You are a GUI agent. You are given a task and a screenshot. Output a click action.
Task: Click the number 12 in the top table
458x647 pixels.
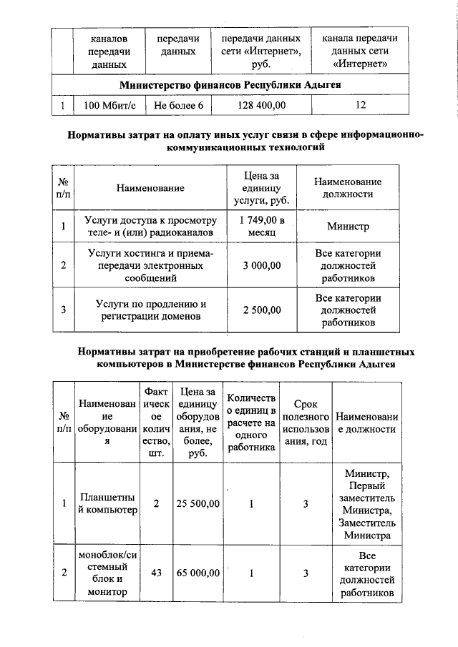[x=360, y=105]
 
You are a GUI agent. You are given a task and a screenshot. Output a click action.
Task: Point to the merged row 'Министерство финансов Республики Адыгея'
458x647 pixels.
[x=229, y=85]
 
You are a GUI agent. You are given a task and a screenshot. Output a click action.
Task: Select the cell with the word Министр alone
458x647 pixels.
[x=348, y=227]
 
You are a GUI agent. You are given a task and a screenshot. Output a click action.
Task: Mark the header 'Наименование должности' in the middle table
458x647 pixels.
[x=348, y=187]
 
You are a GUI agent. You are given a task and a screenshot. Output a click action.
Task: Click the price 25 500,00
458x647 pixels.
[x=198, y=503]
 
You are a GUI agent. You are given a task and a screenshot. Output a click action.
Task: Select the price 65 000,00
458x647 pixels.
[x=198, y=573]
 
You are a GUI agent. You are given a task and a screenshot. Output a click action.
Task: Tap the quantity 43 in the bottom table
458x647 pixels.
[x=156, y=573]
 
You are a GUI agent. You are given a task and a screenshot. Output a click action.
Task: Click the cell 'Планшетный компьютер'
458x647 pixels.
[x=107, y=504]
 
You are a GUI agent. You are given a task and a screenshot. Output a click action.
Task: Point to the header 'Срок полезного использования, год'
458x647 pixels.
[x=306, y=422]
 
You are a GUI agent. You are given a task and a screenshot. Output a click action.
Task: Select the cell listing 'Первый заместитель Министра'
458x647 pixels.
[x=366, y=503]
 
